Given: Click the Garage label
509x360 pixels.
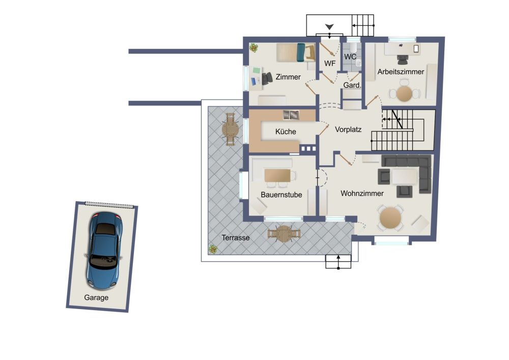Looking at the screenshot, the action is (96, 297).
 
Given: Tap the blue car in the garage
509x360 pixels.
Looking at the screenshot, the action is (104, 251).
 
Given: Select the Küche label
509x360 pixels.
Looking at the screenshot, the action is (286, 131).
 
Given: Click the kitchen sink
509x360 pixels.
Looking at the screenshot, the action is (291, 115).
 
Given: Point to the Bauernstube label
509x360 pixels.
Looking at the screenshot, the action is (281, 195).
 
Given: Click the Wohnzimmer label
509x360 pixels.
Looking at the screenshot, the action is (362, 193).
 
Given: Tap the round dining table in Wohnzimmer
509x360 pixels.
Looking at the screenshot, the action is (390, 218).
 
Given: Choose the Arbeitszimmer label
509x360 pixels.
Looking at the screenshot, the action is (401, 72).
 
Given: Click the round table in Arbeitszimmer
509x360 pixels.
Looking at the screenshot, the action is (405, 94).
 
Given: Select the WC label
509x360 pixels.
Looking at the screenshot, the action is (350, 57).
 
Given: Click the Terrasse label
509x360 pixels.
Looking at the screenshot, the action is (236, 238).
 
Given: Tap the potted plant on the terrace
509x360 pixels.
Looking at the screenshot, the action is (213, 250).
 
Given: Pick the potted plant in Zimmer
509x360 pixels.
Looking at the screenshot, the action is (254, 48).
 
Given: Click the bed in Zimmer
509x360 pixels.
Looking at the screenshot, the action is (296, 52).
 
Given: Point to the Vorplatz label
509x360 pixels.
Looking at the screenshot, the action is (348, 129).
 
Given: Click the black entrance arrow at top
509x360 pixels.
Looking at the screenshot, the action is (330, 26).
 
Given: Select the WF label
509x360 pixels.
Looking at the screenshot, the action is (330, 64).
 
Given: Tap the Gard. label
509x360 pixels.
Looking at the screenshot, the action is (352, 86).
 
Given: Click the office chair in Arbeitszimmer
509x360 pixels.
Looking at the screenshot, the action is (403, 60).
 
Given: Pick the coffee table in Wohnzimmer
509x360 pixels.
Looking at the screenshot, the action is (405, 176).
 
